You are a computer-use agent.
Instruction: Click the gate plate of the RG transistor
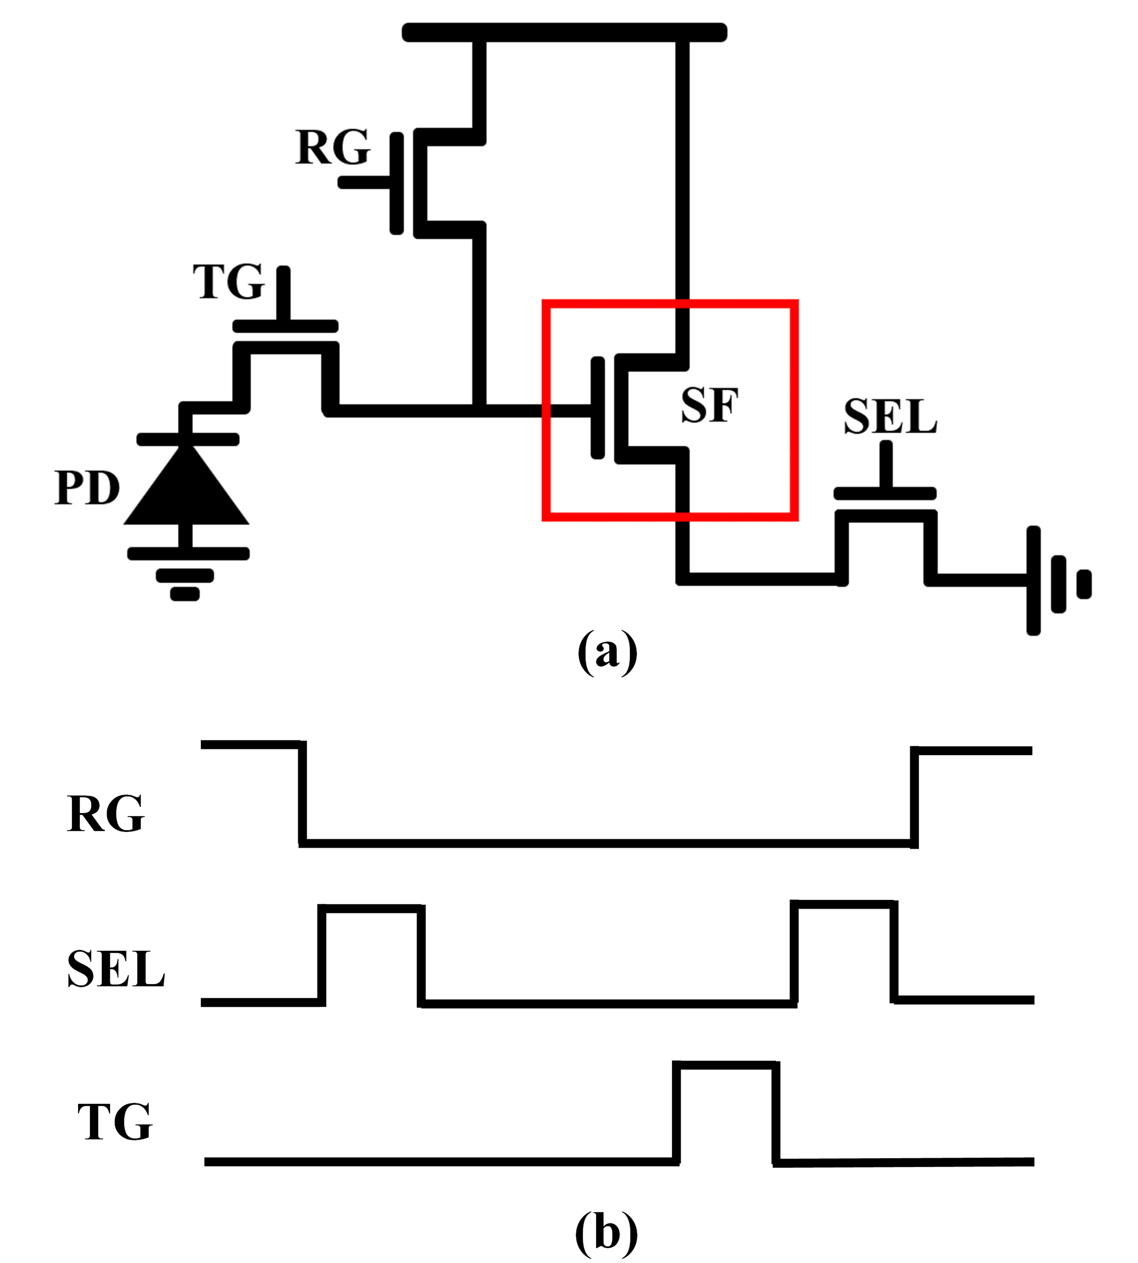point(396,183)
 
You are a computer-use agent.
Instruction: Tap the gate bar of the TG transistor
point(285,326)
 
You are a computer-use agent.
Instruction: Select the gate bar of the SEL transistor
point(885,494)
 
